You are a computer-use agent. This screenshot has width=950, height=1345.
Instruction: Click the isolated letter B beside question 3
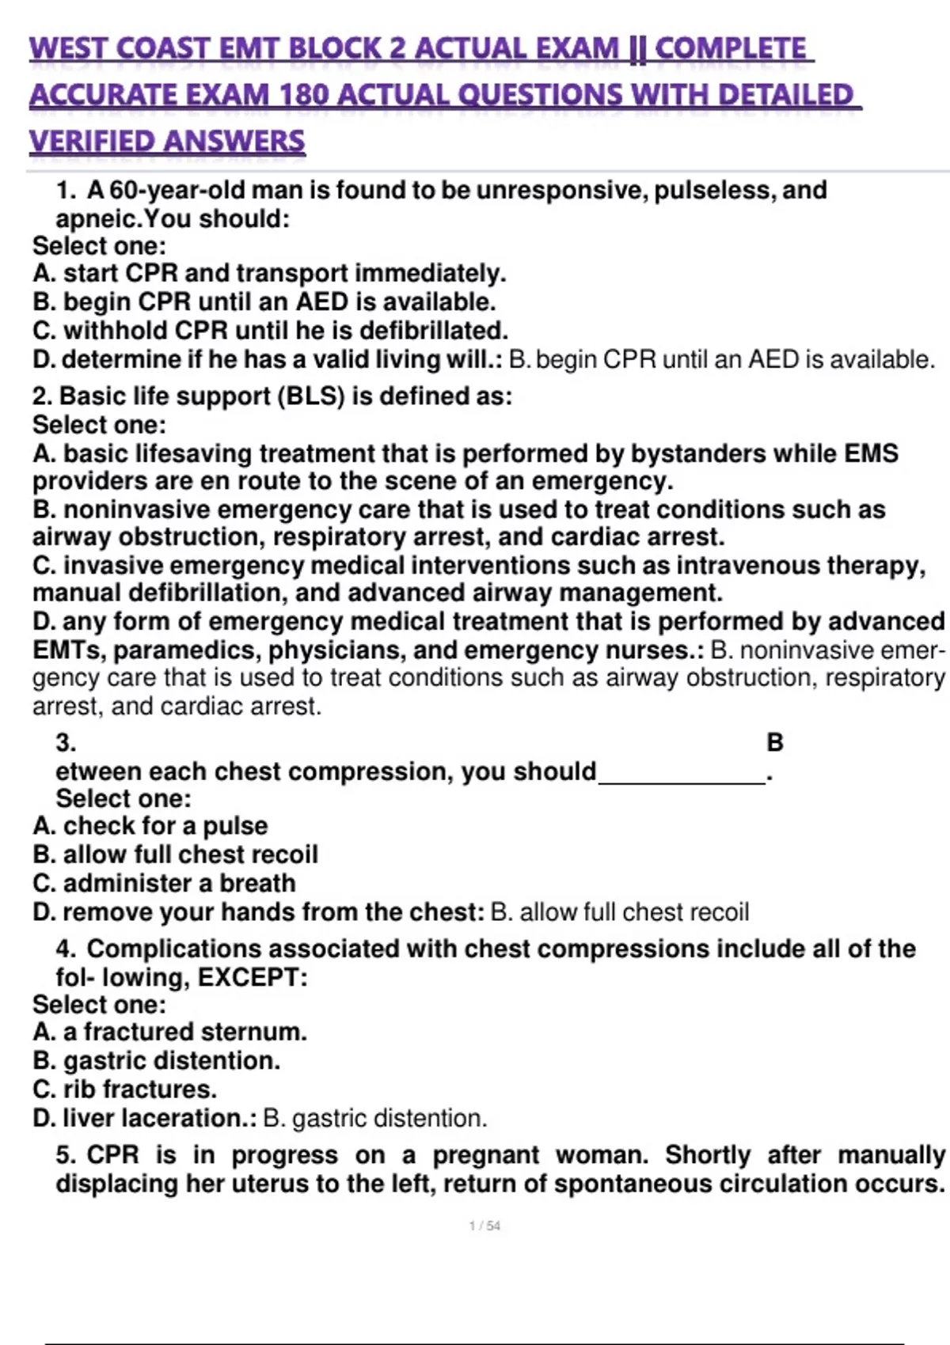(775, 743)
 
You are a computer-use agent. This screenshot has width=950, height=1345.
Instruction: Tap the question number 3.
(66, 743)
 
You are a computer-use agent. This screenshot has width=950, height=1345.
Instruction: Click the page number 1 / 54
(484, 1226)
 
